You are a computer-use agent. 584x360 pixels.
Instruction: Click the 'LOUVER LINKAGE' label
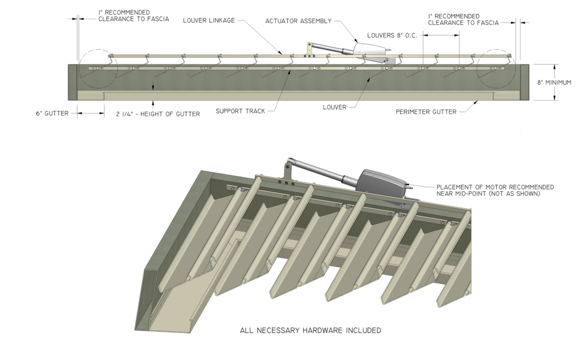(x=208, y=21)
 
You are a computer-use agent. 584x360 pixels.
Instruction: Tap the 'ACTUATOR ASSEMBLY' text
(x=298, y=21)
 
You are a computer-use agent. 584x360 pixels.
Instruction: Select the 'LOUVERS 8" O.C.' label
(x=392, y=36)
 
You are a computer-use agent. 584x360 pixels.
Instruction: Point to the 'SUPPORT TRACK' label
(x=240, y=112)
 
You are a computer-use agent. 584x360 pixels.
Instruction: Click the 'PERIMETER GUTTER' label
(x=426, y=112)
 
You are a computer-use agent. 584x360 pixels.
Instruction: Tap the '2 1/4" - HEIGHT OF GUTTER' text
(x=157, y=114)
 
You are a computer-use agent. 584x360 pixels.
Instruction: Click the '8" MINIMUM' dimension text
(x=554, y=83)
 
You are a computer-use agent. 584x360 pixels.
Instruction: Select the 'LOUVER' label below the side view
(x=334, y=108)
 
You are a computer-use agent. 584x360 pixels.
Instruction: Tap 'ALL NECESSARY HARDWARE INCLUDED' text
(x=310, y=330)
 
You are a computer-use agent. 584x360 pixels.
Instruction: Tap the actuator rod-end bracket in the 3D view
(x=287, y=172)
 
